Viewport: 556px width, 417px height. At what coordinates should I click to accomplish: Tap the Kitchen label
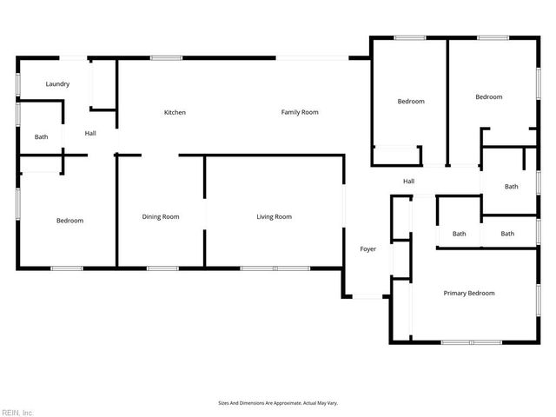pos(175,112)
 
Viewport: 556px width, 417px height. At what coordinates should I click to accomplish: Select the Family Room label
pos(300,112)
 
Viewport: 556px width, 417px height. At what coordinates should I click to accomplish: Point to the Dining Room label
pos(161,216)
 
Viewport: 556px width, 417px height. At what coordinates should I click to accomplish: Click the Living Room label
pos(274,216)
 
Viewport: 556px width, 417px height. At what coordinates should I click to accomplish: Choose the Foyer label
pos(368,249)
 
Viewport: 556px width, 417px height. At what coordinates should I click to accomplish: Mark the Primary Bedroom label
pos(469,293)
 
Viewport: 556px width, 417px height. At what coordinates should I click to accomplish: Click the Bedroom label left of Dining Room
pos(69,221)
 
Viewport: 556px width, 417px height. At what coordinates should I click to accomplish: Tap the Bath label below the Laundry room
pos(42,137)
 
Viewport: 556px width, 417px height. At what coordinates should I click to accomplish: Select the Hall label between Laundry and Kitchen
pos(90,133)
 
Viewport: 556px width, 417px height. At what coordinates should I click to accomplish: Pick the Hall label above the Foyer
pos(408,181)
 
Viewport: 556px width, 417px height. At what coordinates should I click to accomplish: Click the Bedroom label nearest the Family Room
pos(411,102)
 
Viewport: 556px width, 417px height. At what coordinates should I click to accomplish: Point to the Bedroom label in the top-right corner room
pos(488,97)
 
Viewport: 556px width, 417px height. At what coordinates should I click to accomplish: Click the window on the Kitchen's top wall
pos(166,58)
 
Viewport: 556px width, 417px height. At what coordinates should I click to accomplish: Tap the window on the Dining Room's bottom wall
pos(162,268)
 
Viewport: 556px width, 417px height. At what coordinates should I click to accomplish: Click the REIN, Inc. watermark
pos(17,412)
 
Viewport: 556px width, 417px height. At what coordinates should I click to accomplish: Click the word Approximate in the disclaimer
pos(286,403)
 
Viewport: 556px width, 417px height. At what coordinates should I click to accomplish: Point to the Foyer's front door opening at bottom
pos(368,297)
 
